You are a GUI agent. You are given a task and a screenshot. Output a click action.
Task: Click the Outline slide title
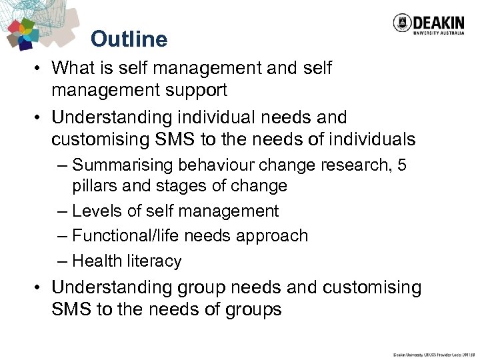(129, 39)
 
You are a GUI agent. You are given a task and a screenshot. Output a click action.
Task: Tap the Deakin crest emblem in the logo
(402, 24)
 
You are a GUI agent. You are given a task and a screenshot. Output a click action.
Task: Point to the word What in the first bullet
(74, 68)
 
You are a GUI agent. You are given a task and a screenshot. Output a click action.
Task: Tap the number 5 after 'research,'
(401, 164)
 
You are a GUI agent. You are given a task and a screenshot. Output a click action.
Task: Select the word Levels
(97, 211)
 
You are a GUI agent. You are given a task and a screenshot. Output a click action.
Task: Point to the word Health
(97, 261)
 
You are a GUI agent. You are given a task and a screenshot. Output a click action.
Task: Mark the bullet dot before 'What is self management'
(39, 69)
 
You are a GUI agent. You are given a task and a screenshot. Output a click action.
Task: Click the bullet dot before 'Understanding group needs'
(39, 288)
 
